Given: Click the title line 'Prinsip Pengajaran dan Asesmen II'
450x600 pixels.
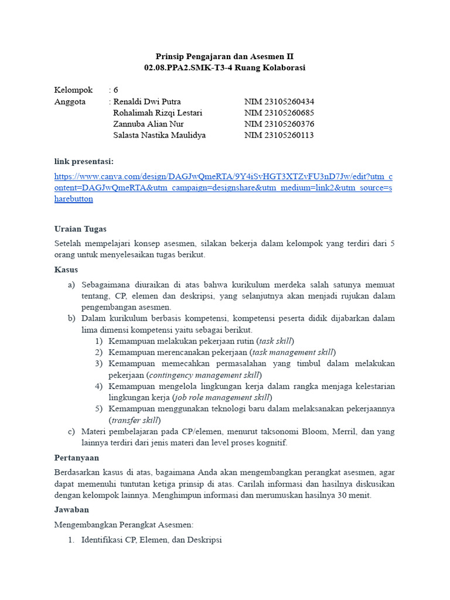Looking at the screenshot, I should click(224, 56).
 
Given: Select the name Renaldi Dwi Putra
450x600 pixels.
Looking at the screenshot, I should click(147, 101).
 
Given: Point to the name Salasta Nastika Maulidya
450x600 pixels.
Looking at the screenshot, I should click(159, 135).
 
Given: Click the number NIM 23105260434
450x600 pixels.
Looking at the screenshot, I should click(279, 101).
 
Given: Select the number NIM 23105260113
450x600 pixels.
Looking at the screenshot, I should click(279, 135).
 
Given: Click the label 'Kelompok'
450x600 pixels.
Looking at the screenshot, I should click(73, 90).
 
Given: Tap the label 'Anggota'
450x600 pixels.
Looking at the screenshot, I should click(70, 101).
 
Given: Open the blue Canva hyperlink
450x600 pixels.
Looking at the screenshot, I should click(223, 187).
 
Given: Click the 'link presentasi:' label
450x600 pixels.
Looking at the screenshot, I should click(84, 161).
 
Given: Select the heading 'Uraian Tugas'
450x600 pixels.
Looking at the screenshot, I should click(80, 229).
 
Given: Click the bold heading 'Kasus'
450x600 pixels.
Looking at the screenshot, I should click(66, 270).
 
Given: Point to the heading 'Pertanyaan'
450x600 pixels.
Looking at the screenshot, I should click(77, 457).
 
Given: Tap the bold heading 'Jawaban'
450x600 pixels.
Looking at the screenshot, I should click(71, 509).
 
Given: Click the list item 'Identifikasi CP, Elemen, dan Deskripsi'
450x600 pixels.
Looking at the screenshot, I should click(151, 539).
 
